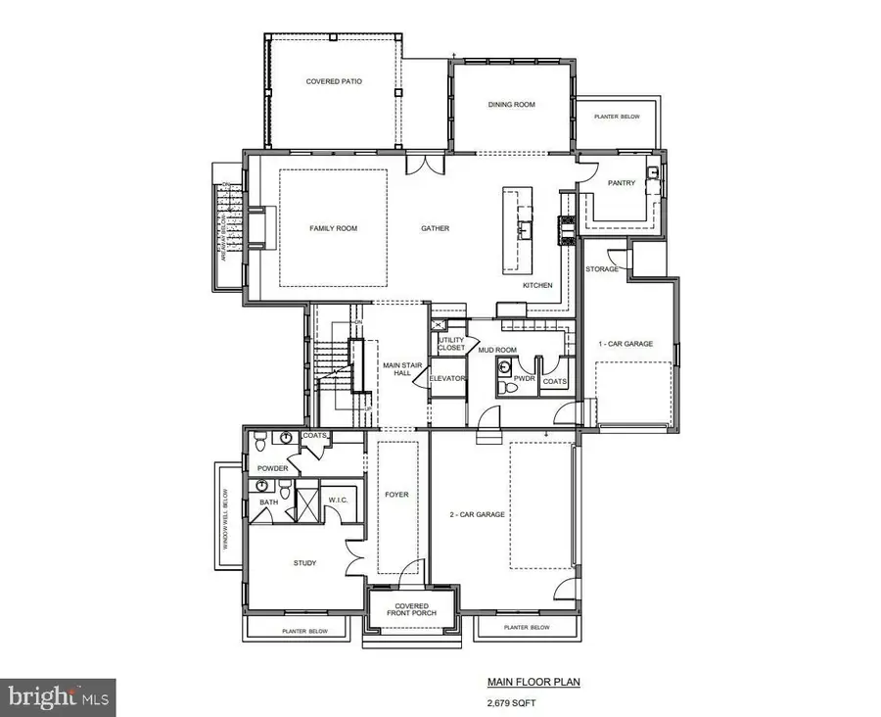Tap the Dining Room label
pyautogui.click(x=511, y=105)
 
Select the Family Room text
pyautogui.click(x=333, y=228)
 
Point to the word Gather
pyautogui.click(x=435, y=228)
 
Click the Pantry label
pyautogui.click(x=621, y=183)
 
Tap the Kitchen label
pyautogui.click(x=536, y=285)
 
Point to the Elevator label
pyautogui.click(x=446, y=378)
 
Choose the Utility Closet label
pyautogui.click(x=451, y=344)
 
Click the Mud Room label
pyautogui.click(x=496, y=348)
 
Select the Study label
pyautogui.click(x=304, y=563)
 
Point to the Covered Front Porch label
pyautogui.click(x=411, y=611)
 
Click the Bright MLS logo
pyautogui.click(x=59, y=697)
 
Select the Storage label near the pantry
pyautogui.click(x=602, y=268)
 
